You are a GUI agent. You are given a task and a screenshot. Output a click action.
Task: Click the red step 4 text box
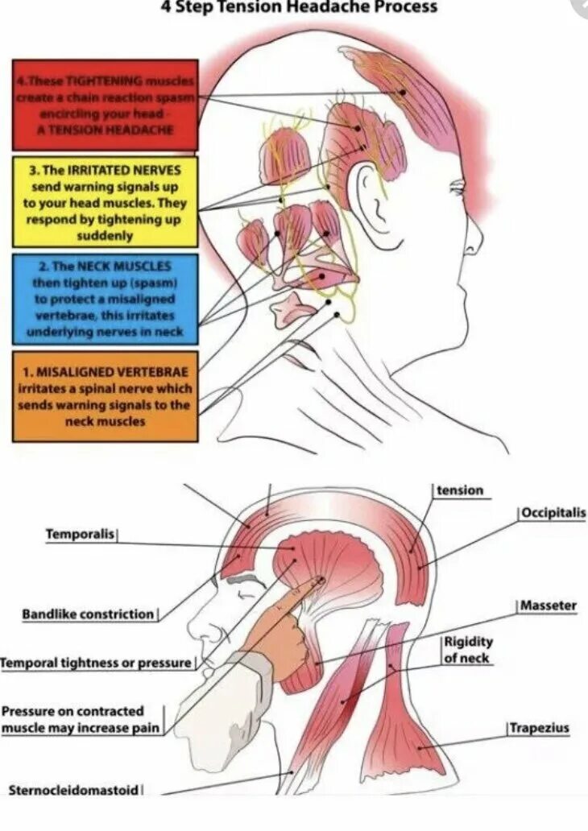(x=105, y=105)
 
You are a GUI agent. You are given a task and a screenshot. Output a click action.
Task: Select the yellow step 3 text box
(x=105, y=201)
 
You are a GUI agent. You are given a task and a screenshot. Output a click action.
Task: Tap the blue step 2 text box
(x=105, y=299)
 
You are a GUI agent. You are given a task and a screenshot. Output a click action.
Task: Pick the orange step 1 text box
(x=105, y=395)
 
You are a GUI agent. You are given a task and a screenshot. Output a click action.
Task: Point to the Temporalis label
(x=81, y=534)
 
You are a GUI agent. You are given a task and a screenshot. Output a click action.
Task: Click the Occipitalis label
(x=553, y=513)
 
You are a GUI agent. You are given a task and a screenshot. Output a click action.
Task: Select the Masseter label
(x=548, y=606)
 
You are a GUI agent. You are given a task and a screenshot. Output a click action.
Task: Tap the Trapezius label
(x=539, y=729)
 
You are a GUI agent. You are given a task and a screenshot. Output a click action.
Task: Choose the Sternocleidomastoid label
(x=74, y=790)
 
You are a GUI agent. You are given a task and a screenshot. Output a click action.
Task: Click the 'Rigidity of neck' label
(x=467, y=651)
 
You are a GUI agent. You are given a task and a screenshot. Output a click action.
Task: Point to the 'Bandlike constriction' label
(x=88, y=614)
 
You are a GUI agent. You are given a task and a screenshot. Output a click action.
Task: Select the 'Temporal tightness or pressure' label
(x=96, y=663)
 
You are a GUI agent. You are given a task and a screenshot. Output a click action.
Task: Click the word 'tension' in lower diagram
(x=460, y=490)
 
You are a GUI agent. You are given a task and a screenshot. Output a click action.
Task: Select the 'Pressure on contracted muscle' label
(x=81, y=720)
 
